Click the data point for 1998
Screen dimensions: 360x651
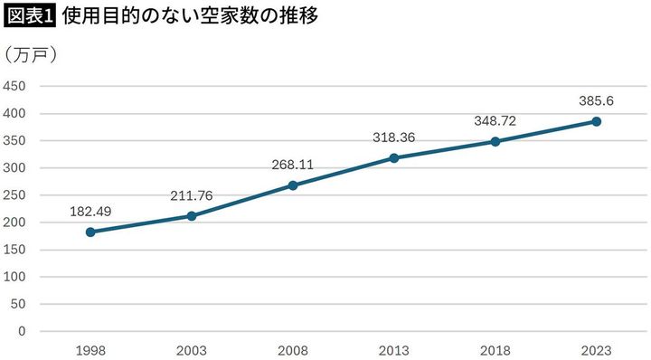(x=90, y=232)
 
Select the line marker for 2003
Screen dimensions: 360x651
(x=192, y=216)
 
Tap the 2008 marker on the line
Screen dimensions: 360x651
(x=293, y=185)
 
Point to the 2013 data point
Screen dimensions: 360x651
(x=394, y=158)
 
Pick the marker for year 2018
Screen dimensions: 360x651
(x=495, y=141)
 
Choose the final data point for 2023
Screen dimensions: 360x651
(x=597, y=121)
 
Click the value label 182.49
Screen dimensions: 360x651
(x=90, y=212)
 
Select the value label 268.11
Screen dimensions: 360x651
(x=293, y=166)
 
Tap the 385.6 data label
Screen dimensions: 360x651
(x=597, y=101)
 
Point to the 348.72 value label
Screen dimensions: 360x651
(x=495, y=121)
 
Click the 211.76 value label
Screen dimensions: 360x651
(x=192, y=195)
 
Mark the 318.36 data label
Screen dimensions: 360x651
(x=394, y=138)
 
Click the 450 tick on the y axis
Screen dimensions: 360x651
(x=14, y=87)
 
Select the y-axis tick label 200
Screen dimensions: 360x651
(x=14, y=223)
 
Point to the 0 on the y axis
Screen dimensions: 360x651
(x=21, y=331)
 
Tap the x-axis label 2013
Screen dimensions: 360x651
(x=394, y=349)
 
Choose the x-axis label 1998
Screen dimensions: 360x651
(x=90, y=349)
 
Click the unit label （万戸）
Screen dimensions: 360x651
(x=33, y=55)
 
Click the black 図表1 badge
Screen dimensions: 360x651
(x=29, y=16)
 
